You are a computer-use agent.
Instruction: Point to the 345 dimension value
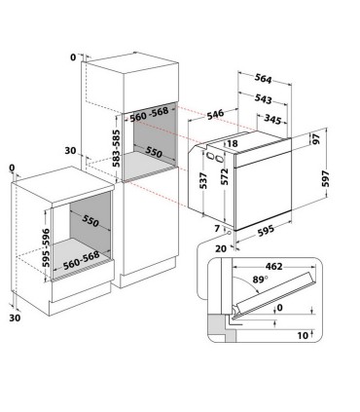[274, 118]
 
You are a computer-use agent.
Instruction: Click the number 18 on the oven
[231, 144]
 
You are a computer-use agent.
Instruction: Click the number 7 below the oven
[219, 229]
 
